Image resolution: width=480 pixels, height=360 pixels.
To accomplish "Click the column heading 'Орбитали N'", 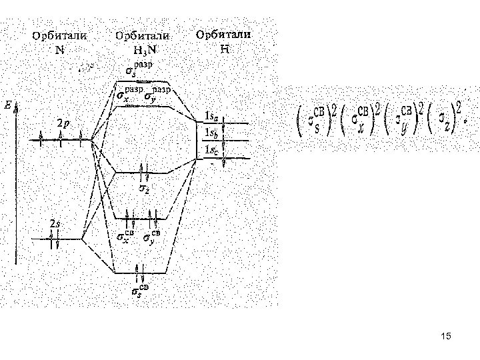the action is click(x=61, y=41).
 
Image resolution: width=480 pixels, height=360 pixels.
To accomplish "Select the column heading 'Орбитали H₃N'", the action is click(x=142, y=41).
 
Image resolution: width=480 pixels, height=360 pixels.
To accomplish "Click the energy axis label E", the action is click(x=8, y=105).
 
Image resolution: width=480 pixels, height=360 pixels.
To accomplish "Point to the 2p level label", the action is click(x=62, y=123).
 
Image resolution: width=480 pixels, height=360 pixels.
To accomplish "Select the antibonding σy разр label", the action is click(x=157, y=95).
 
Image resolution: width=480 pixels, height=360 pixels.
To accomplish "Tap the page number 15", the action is click(x=446, y=337).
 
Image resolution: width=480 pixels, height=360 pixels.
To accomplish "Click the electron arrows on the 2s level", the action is click(x=54, y=239).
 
